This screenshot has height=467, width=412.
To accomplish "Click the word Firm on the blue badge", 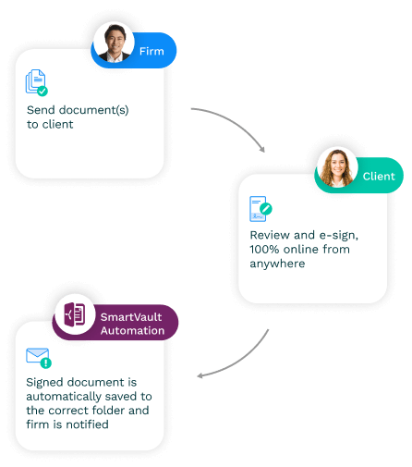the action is pos(151,51).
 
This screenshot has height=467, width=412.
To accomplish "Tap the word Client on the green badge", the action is pos(379,177).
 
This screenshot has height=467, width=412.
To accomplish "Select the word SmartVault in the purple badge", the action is pos(131,317).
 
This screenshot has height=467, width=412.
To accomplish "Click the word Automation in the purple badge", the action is pos(132,331).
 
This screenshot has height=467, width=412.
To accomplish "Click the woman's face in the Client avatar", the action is pos(338,168).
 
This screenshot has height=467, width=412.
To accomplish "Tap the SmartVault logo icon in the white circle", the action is pos(75,314).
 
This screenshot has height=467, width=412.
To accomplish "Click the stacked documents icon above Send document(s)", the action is pos(36,81).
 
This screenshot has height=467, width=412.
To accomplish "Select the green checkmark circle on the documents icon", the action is pos(42,92).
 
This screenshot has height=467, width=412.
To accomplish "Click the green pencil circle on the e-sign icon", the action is pos(266,209).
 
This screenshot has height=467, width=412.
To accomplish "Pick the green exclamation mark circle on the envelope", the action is pos(46,363).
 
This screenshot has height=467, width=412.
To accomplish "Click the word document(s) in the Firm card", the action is pos(93,110).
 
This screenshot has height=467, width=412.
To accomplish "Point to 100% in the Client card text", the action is pos(264,249).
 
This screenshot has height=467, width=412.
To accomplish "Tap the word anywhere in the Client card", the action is pos(277,264).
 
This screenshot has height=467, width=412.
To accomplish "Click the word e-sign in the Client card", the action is pos(339,236).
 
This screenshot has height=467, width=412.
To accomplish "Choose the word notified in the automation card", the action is pos(87,424).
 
